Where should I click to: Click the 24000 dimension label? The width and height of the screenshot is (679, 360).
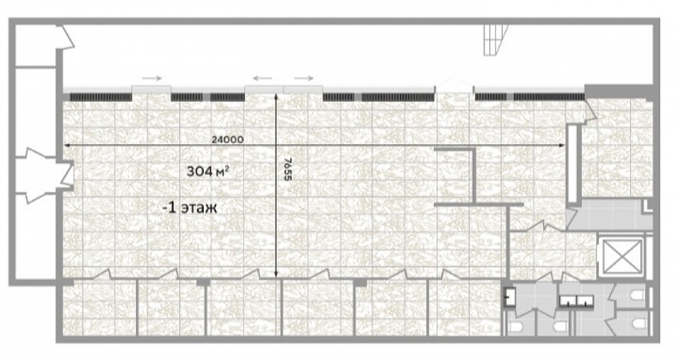pyautogui.click(x=228, y=140)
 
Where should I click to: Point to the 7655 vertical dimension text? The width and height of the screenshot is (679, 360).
pyautogui.click(x=288, y=169)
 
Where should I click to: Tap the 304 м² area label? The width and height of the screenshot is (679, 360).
pyautogui.click(x=208, y=171)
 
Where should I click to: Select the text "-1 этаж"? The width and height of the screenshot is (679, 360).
pyautogui.click(x=190, y=208)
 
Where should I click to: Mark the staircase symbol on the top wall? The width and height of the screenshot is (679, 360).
pyautogui.click(x=495, y=40)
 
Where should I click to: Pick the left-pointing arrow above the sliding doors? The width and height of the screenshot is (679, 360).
pyautogui.click(x=262, y=79)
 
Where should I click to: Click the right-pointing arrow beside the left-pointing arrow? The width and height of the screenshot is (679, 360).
pyautogui.click(x=304, y=79)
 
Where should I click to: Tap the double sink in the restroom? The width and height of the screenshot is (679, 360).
pyautogui.click(x=576, y=301)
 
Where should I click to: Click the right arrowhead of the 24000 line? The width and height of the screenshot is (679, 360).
pyautogui.click(x=562, y=146)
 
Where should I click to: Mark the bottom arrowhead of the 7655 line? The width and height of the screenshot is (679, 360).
pyautogui.click(x=276, y=274)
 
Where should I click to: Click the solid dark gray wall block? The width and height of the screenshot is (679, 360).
pyautogui.click(x=619, y=91)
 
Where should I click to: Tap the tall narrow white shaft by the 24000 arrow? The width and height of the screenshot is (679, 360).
pyautogui.click(x=572, y=164)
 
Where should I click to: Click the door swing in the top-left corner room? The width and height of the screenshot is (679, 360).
pyautogui.click(x=66, y=37)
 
